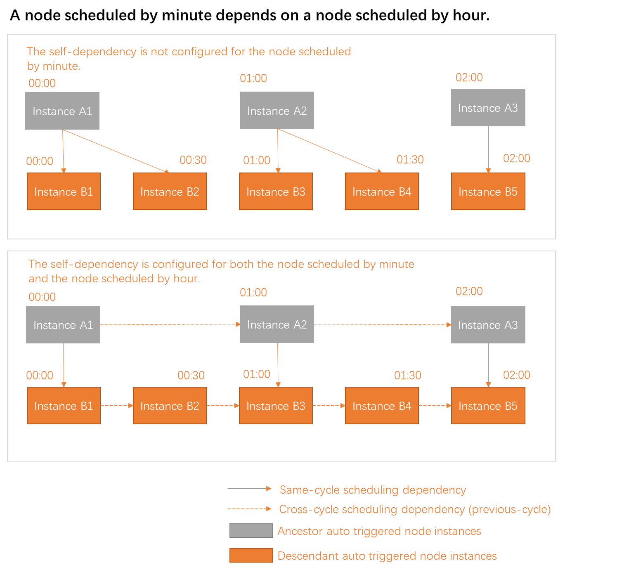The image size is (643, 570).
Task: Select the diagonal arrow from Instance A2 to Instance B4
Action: click(329, 150)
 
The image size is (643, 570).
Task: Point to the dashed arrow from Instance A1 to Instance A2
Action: click(170, 324)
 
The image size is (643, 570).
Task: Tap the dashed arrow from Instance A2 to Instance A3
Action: click(382, 324)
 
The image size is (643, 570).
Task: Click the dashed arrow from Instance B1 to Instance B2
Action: click(117, 406)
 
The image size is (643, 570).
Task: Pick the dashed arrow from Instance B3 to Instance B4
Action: click(329, 406)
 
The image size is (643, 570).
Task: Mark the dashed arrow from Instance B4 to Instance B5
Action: click(435, 406)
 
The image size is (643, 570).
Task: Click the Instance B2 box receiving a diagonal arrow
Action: click(170, 192)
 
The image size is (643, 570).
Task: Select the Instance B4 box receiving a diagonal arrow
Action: click(382, 192)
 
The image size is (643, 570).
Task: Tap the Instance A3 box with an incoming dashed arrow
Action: click(488, 325)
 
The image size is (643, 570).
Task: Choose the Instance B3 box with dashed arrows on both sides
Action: click(276, 406)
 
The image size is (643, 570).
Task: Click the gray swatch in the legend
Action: click(251, 530)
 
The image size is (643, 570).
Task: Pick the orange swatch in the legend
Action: click(251, 555)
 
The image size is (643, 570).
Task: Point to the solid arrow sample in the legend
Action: click(249, 489)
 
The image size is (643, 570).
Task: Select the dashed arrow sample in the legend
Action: click(249, 509)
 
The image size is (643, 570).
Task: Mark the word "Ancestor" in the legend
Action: click(300, 531)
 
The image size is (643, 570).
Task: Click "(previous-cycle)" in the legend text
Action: click(509, 509)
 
